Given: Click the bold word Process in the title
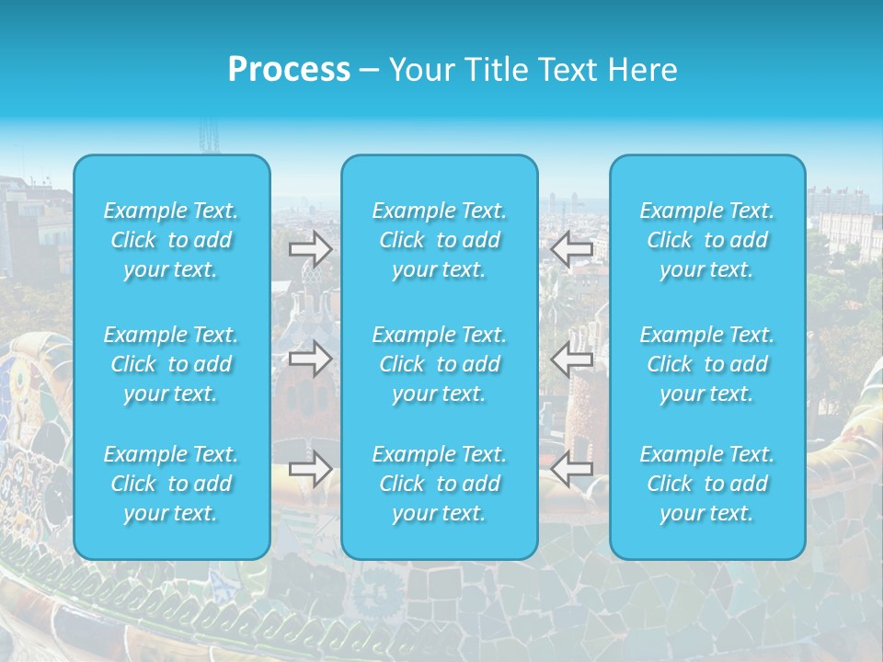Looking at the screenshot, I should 289,70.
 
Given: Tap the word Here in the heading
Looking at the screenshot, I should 640,70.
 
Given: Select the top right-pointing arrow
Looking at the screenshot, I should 310,248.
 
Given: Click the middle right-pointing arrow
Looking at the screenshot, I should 310,359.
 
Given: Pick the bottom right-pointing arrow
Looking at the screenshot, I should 310,469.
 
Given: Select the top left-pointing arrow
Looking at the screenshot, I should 572,248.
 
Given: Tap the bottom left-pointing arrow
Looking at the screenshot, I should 572,469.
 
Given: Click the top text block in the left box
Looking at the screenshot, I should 171,240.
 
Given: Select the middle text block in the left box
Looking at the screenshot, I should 171,364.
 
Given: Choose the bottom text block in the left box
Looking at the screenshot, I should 171,484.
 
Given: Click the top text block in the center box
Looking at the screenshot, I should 440,240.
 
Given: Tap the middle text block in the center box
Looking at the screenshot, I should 440,364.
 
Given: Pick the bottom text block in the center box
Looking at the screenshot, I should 440,484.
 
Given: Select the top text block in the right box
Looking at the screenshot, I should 707,240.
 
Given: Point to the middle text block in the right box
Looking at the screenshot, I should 707,364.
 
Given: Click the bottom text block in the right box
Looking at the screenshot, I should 707,484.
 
